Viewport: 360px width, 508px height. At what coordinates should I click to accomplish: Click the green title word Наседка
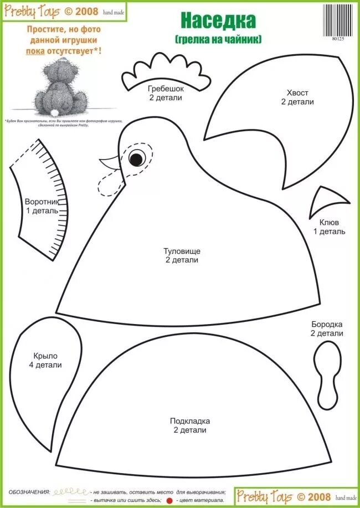click(218, 20)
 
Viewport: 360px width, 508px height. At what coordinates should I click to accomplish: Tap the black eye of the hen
click(135, 159)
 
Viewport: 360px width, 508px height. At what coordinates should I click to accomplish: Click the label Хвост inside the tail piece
click(297, 93)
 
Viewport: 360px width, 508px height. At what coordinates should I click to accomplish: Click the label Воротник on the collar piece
click(42, 203)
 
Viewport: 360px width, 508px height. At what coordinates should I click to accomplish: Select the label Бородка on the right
click(327, 324)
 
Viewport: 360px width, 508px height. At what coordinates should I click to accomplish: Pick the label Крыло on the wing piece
click(45, 356)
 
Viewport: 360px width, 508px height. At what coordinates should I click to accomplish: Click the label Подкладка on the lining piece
click(189, 421)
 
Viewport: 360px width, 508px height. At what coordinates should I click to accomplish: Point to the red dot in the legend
click(170, 500)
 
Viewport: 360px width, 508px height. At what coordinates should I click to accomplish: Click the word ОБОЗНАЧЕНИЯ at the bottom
click(29, 492)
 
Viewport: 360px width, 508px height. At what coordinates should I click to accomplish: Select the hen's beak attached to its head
click(111, 163)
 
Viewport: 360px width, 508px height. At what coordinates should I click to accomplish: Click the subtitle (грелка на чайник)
click(218, 39)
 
